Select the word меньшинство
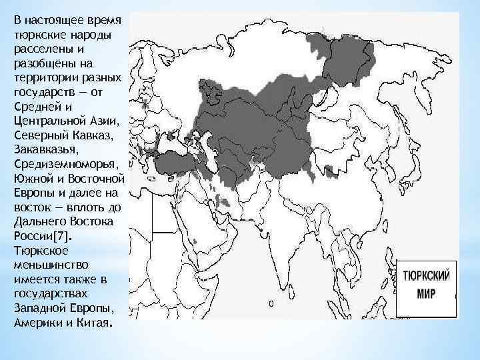(46, 264)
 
